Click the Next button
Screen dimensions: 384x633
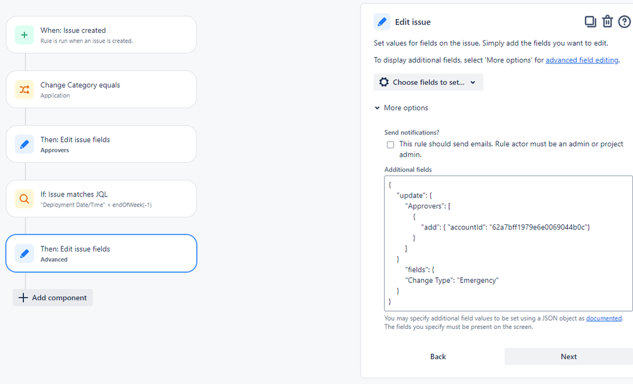pyautogui.click(x=568, y=357)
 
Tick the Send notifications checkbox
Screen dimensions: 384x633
pyautogui.click(x=390, y=144)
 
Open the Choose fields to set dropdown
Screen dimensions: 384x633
pyautogui.click(x=428, y=82)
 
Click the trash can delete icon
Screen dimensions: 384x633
pyautogui.click(x=607, y=22)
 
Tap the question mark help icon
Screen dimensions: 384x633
pyautogui.click(x=624, y=22)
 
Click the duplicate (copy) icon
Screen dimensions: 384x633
pyautogui.click(x=590, y=22)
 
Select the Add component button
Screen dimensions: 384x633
pyautogui.click(x=53, y=298)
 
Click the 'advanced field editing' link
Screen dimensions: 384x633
pyautogui.click(x=582, y=60)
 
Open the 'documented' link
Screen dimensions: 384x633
pyautogui.click(x=603, y=318)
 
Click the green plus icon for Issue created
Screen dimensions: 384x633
pyautogui.click(x=24, y=35)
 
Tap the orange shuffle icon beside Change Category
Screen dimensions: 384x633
pyautogui.click(x=24, y=89)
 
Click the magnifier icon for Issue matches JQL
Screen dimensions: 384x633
pyautogui.click(x=24, y=199)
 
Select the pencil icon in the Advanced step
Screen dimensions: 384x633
pyautogui.click(x=24, y=253)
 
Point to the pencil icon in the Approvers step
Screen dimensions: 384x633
pyautogui.click(x=24, y=144)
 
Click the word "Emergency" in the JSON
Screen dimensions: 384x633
pyautogui.click(x=479, y=280)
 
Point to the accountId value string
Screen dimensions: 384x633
pyautogui.click(x=537, y=227)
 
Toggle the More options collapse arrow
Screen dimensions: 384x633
pyautogui.click(x=377, y=108)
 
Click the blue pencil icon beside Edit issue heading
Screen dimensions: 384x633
pyautogui.click(x=382, y=22)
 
